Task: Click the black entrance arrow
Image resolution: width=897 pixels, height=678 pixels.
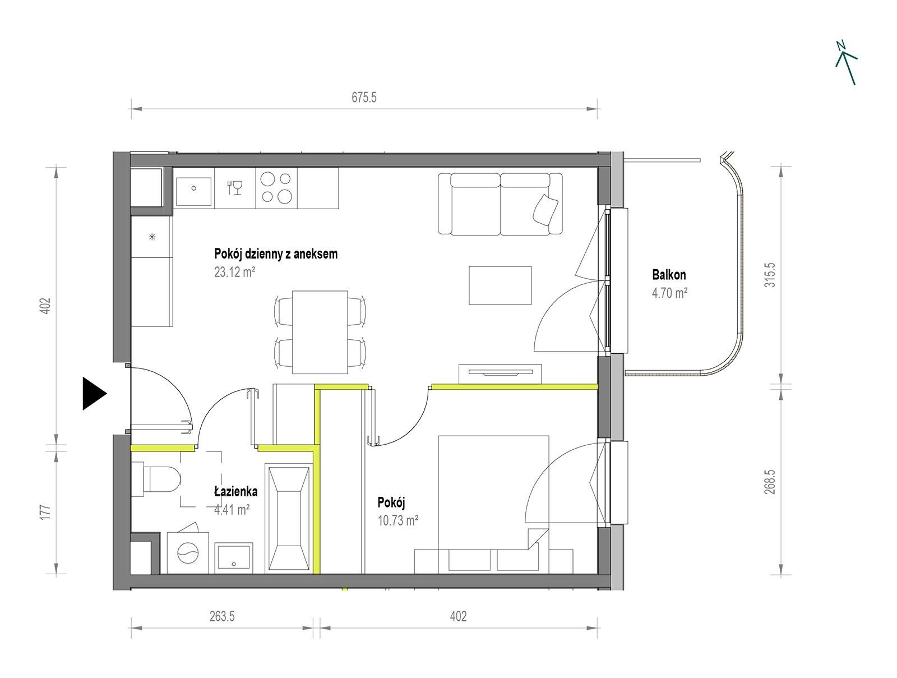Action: click(x=93, y=393)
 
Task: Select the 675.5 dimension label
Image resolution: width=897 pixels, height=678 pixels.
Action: click(x=364, y=97)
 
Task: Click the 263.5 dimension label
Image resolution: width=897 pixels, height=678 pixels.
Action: click(x=222, y=616)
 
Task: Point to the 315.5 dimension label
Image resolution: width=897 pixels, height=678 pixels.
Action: click(x=770, y=275)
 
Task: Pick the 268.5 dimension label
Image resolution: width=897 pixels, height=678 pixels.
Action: click(x=770, y=482)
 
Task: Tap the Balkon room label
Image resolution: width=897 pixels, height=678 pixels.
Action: click(x=669, y=275)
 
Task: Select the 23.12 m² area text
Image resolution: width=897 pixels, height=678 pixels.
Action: click(x=234, y=272)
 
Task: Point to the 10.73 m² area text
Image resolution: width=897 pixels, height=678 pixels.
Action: click(x=397, y=520)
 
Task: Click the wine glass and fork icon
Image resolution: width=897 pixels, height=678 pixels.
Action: click(x=234, y=187)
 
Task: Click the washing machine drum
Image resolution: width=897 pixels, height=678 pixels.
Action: click(x=188, y=553)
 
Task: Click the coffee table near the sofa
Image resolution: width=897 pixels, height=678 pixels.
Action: click(x=500, y=285)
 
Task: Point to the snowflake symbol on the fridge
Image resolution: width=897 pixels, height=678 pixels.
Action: click(x=152, y=236)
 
